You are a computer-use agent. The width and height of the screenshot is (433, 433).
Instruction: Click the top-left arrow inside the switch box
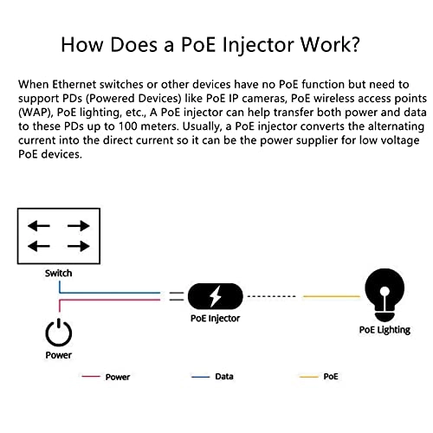[x=37, y=226]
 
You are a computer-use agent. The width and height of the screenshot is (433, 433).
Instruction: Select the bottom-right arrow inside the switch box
[x=78, y=247]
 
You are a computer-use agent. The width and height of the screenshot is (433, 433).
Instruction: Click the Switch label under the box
[x=58, y=274]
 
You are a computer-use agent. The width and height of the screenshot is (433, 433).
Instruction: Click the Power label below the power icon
[x=58, y=355]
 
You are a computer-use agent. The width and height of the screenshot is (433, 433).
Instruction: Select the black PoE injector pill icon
[x=215, y=297]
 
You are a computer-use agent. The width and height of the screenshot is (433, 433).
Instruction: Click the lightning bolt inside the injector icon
[x=215, y=297]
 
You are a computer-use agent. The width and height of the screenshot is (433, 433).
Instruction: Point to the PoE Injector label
[x=215, y=319]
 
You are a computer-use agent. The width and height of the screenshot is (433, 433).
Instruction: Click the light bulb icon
[x=385, y=294]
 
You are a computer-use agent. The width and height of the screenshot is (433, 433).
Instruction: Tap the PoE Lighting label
[x=385, y=330]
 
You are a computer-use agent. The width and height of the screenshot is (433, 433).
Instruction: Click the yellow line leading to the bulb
[x=331, y=297]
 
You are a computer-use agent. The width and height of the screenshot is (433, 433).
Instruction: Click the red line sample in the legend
[x=92, y=378]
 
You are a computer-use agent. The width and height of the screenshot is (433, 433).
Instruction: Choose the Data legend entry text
[x=223, y=378]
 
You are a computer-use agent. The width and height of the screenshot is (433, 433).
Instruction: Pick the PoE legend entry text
[x=331, y=378]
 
